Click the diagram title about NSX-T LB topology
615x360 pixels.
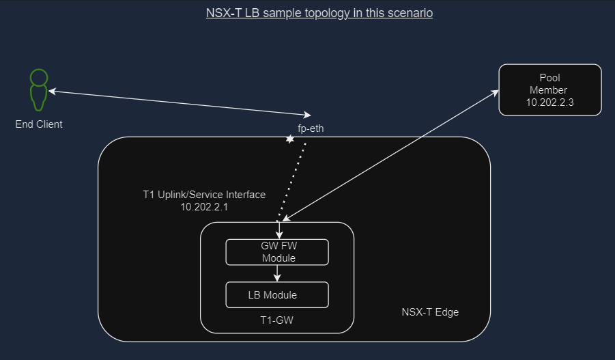point(319,13)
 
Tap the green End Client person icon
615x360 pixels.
point(38,89)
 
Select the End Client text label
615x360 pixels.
point(39,124)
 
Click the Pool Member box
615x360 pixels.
point(549,89)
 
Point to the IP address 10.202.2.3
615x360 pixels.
point(549,102)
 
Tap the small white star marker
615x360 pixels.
point(289,139)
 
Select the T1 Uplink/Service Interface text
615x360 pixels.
point(203,195)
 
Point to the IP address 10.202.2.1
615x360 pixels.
point(203,206)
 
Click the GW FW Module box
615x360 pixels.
point(277,252)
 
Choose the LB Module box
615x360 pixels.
point(277,295)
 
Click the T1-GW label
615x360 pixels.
point(277,319)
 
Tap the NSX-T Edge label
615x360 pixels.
point(430,312)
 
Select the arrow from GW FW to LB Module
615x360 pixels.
point(277,273)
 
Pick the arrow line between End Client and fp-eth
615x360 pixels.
point(177,102)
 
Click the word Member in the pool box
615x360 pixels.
point(549,90)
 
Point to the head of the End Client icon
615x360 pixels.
point(39,76)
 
